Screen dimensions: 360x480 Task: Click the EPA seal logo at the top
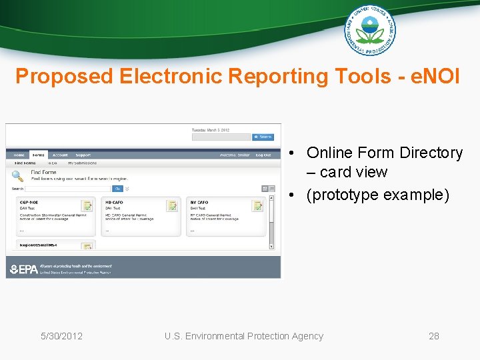[x=370, y=29]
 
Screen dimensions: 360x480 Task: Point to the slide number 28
[x=434, y=336]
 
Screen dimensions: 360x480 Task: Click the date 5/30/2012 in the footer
[x=61, y=336]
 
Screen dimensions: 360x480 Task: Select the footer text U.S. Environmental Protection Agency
[x=244, y=336]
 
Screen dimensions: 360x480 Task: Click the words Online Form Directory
[x=384, y=153]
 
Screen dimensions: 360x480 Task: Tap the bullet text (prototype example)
[x=379, y=195]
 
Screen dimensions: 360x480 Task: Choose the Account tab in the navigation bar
[x=60, y=155]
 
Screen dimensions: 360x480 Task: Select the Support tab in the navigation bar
[x=83, y=155]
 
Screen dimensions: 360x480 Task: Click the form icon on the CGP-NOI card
[x=87, y=206]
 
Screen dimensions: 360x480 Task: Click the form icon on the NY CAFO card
[x=257, y=206]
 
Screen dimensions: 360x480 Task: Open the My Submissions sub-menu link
[x=82, y=163]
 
